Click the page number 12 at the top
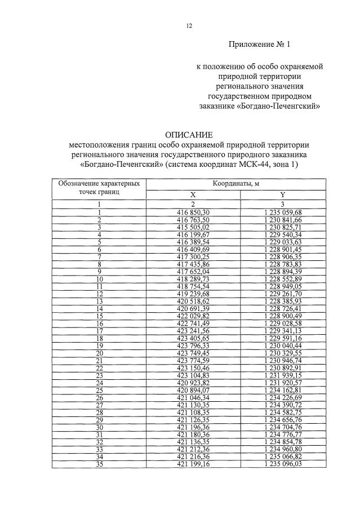point(189,25)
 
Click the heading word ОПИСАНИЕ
point(189,135)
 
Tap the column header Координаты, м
point(235,184)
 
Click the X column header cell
point(193,194)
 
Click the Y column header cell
point(282,194)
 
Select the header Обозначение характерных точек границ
point(99,188)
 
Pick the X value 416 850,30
point(193,211)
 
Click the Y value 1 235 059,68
point(282,211)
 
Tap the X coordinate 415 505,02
point(193,227)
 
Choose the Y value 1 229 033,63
point(282,241)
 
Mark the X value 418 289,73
point(193,278)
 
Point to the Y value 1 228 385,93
point(282,301)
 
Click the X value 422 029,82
point(193,316)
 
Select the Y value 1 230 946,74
point(282,360)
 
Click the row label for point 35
point(99,464)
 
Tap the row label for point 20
point(99,353)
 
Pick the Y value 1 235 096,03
point(282,464)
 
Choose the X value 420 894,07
point(193,390)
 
